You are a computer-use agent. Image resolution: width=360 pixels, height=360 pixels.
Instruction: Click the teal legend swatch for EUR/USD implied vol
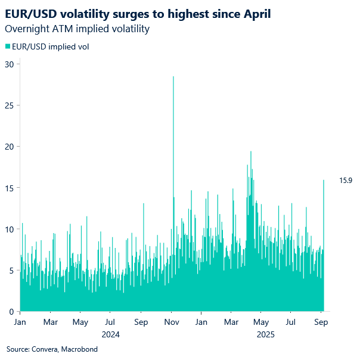tap(8, 46)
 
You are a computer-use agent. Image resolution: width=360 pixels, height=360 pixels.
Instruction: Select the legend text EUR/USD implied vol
tap(50, 46)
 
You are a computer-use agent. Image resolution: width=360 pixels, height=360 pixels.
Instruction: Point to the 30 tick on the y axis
tap(9, 64)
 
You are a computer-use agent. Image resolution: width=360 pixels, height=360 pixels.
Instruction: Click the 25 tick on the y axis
tap(9, 105)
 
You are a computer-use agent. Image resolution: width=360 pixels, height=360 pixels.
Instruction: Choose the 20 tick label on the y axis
tap(9, 147)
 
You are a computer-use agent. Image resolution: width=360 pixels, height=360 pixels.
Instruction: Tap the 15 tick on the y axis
tap(9, 188)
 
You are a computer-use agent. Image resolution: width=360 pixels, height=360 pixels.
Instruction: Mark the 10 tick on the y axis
tap(9, 229)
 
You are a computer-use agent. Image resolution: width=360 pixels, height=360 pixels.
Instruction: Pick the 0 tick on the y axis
tap(11, 311)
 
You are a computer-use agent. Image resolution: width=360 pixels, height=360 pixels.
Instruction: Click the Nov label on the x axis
tap(172, 322)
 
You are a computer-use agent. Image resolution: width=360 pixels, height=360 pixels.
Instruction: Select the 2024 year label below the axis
tap(110, 334)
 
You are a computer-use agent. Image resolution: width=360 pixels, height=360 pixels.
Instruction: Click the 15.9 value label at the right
tap(346, 180)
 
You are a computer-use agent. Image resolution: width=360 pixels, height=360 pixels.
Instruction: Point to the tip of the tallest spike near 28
tap(173, 77)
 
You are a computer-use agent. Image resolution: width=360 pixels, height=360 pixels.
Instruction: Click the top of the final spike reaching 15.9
tap(324, 181)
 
